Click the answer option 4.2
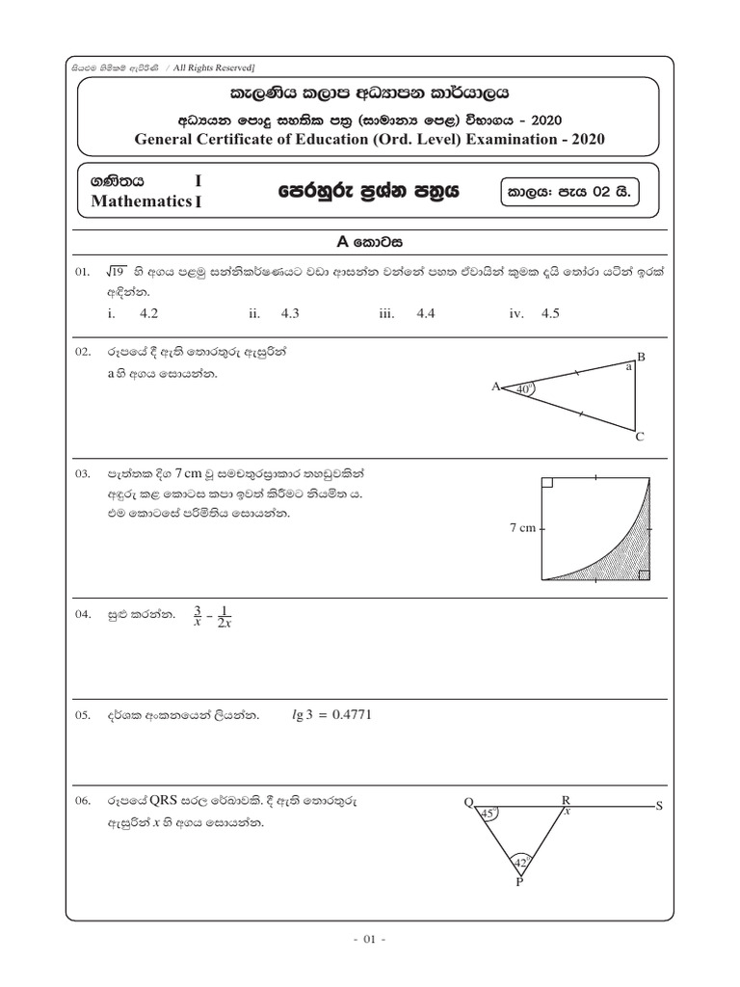pyautogui.click(x=148, y=313)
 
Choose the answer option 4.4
pyautogui.click(x=426, y=313)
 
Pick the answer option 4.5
pyautogui.click(x=550, y=313)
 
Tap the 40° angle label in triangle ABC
pyautogui.click(x=524, y=389)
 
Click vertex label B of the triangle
pyautogui.click(x=641, y=357)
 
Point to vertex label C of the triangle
pyautogui.click(x=639, y=438)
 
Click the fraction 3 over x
pyautogui.click(x=197, y=617)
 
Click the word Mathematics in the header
pyautogui.click(x=141, y=201)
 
